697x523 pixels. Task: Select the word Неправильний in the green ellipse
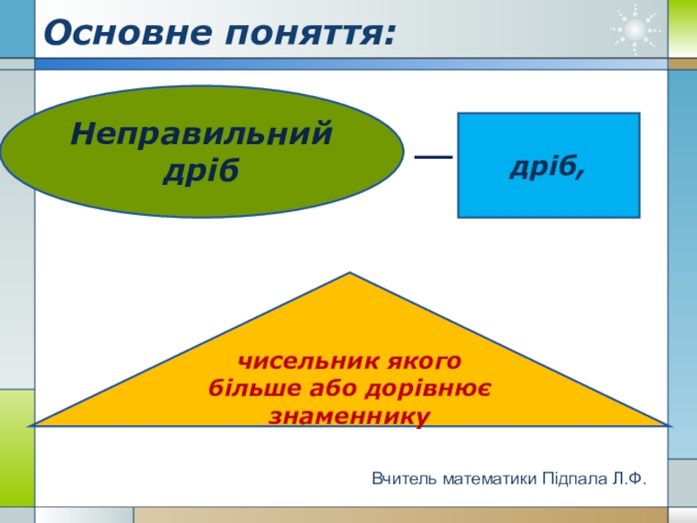pos(201,134)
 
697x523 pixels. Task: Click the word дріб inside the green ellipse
pos(201,168)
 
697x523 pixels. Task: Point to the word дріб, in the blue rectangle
pos(548,166)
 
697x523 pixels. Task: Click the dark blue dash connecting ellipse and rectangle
pos(432,157)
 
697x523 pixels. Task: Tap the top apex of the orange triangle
pos(350,275)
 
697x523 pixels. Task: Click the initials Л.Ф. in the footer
pos(629,478)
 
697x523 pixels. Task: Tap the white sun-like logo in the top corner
pos(635,31)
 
